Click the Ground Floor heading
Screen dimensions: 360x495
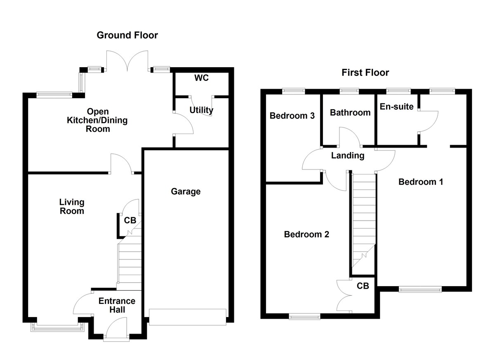click(x=127, y=35)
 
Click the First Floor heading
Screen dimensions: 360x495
click(x=365, y=73)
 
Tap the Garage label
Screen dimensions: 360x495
click(x=186, y=191)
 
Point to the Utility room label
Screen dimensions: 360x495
click(x=201, y=110)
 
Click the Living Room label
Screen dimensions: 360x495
click(x=72, y=207)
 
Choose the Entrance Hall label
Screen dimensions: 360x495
click(x=117, y=305)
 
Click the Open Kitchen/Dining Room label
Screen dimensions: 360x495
click(x=98, y=120)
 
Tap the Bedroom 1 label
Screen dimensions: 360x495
click(x=420, y=182)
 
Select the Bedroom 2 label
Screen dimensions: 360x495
click(x=306, y=234)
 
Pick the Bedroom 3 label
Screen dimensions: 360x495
click(x=292, y=116)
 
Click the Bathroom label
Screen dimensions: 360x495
click(x=350, y=113)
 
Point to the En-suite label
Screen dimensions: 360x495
click(x=396, y=107)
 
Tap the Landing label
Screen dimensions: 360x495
click(x=348, y=155)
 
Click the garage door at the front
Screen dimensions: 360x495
click(x=188, y=317)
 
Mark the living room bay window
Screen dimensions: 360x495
click(x=57, y=327)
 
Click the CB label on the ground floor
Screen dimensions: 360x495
click(x=130, y=221)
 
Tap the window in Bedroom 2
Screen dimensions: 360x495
click(x=304, y=316)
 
